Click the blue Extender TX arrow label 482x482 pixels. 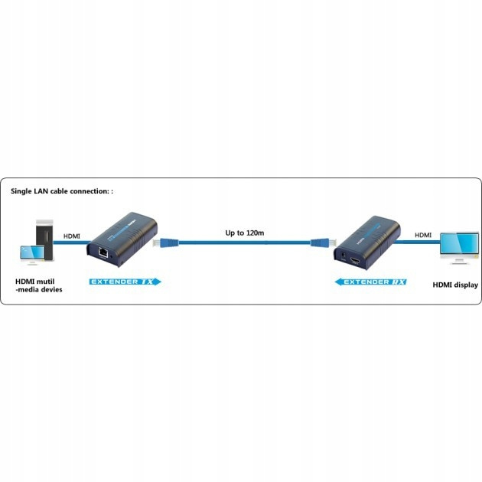[x=125, y=282]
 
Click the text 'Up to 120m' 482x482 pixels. [x=245, y=231]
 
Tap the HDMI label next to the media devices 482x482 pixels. [x=72, y=236]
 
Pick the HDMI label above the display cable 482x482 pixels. [x=422, y=235]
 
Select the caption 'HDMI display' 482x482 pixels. [x=454, y=285]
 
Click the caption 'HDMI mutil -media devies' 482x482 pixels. [x=38, y=285]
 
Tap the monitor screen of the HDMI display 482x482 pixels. [x=459, y=243]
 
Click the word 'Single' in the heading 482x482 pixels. [x=23, y=191]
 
